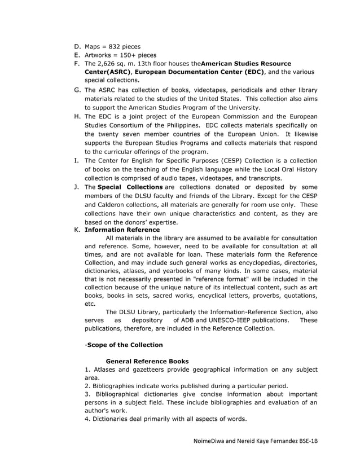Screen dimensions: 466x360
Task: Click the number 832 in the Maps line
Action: [x=116, y=46]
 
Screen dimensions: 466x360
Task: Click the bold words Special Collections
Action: [x=130, y=187]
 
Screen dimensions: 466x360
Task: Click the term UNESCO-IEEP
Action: [x=230, y=320]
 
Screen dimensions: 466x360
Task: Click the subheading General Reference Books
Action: [x=147, y=361]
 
